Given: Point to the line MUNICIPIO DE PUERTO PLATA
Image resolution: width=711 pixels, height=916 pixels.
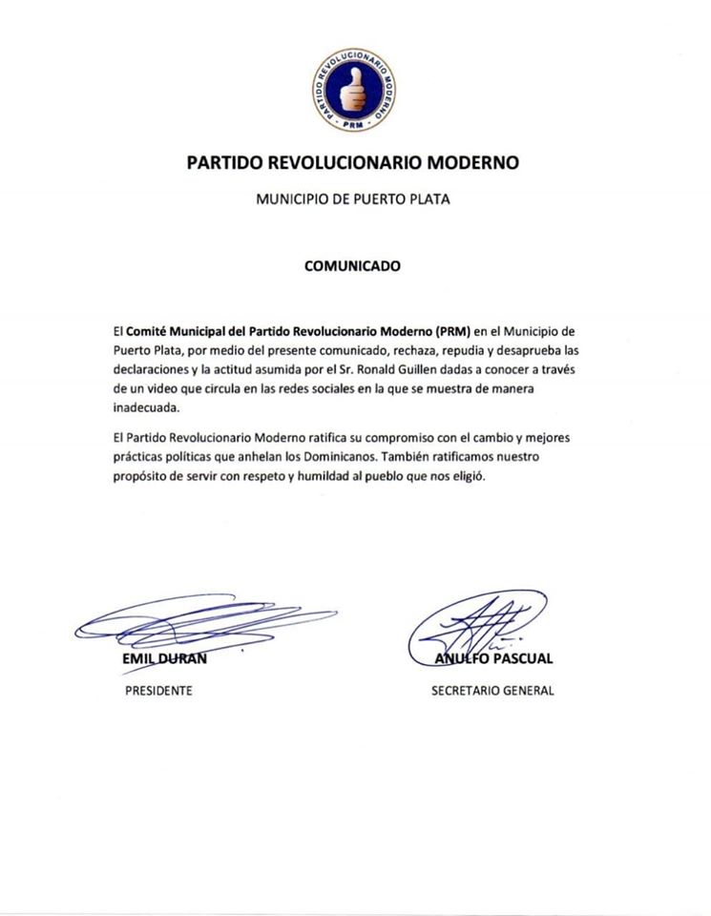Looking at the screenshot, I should (x=353, y=200).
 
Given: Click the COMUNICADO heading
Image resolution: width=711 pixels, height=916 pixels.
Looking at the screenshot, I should (x=352, y=266).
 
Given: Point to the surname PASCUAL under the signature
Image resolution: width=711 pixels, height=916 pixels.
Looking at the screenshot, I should (x=522, y=658).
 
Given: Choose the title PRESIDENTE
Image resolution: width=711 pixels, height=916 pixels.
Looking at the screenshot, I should (x=158, y=691).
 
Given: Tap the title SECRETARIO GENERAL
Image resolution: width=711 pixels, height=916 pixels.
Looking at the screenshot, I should (x=492, y=691).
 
